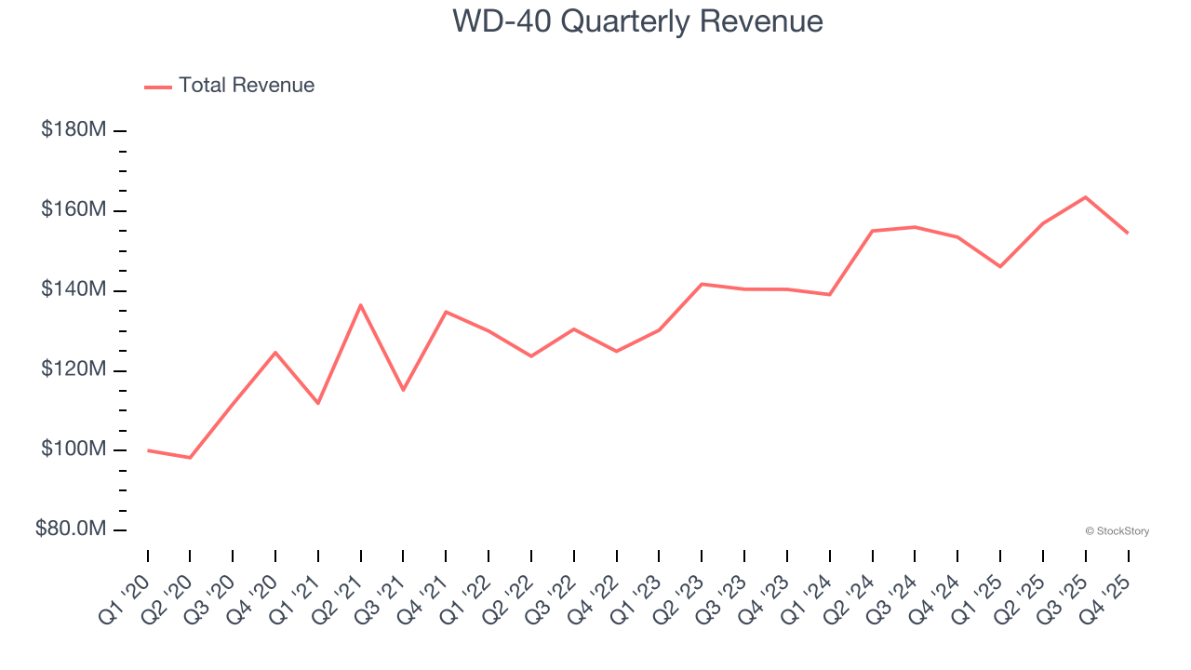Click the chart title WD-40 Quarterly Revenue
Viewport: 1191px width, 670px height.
(637, 21)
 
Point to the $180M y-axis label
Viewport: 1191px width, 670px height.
(73, 130)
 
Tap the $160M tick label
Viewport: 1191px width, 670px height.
(73, 210)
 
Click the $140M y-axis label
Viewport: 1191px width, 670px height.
(73, 290)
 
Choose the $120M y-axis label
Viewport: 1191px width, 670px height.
(73, 370)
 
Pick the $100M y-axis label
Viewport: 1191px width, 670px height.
(73, 450)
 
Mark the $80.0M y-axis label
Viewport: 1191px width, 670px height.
(71, 529)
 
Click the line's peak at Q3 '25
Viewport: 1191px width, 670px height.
(1085, 197)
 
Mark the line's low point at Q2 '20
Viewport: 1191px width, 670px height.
(190, 458)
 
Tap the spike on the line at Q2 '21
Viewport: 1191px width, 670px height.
(360, 305)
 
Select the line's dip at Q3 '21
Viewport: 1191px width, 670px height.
(403, 390)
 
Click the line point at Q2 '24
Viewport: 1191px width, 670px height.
(872, 231)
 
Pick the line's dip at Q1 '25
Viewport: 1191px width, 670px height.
(1000, 267)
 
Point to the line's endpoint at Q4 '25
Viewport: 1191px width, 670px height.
(1128, 233)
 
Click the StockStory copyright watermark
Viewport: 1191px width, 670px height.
(1117, 531)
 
